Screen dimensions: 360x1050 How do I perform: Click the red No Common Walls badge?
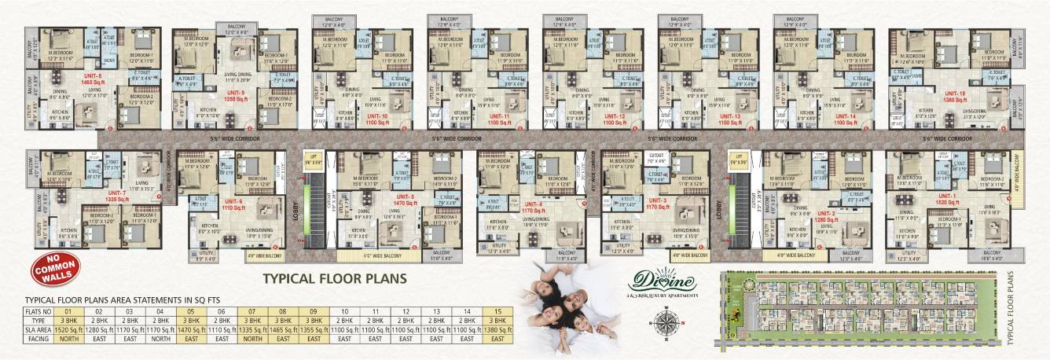click(x=53, y=270)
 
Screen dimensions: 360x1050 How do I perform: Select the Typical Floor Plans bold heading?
click(x=334, y=277)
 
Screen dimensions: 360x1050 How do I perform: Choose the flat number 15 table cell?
click(x=497, y=312)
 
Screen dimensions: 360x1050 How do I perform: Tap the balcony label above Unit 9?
click(x=237, y=30)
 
